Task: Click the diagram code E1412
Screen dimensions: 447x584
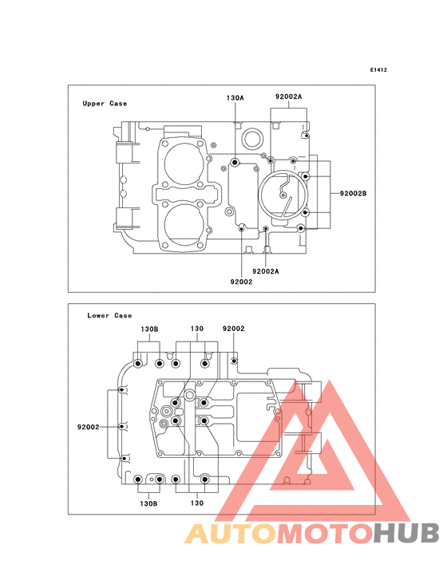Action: pos(378,69)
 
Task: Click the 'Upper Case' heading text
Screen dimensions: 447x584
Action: pos(105,104)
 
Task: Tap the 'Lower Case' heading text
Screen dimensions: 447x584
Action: pos(109,315)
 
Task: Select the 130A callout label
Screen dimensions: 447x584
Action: pos(235,98)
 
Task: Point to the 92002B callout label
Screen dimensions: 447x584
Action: pos(353,193)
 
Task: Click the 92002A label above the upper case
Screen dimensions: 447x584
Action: pos(289,97)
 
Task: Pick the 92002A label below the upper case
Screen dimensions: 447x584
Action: pos(265,271)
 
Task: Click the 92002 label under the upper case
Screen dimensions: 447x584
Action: pos(241,282)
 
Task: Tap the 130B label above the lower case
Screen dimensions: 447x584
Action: pos(149,329)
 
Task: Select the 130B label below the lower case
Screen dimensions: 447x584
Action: pos(148,503)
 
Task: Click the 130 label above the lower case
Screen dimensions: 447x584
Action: pos(197,329)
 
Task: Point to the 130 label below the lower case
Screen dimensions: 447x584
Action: pos(197,503)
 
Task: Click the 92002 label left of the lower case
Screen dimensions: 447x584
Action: pos(89,427)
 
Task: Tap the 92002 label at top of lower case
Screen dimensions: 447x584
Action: pos(234,329)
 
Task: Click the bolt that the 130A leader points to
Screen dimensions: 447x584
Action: pos(235,163)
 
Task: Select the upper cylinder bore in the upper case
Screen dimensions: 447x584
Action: pos(184,162)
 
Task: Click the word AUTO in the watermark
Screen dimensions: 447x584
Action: pos(231,534)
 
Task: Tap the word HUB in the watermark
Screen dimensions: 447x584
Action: pos(406,534)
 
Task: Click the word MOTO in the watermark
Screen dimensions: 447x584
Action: pos(326,534)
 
